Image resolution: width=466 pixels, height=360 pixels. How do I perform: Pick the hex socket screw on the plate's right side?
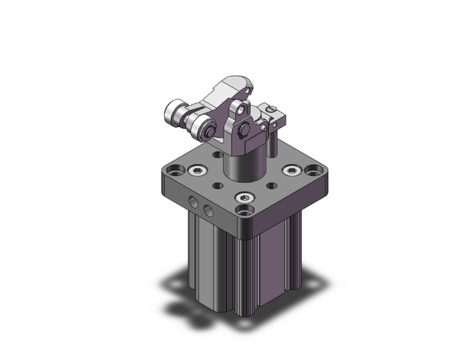[290, 170]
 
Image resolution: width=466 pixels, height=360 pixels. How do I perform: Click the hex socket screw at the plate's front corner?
[244, 198]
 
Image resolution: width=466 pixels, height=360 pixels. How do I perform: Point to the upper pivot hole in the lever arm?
[241, 111]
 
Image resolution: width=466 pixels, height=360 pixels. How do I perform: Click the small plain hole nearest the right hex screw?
[272, 186]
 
